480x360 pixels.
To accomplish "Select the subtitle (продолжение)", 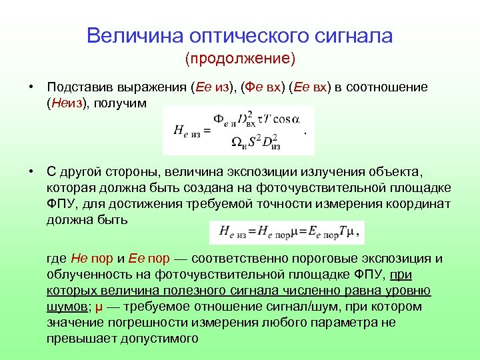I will point(240,59).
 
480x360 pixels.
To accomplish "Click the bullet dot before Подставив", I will point(31,87).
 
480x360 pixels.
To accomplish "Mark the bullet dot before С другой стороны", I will point(31,172).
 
